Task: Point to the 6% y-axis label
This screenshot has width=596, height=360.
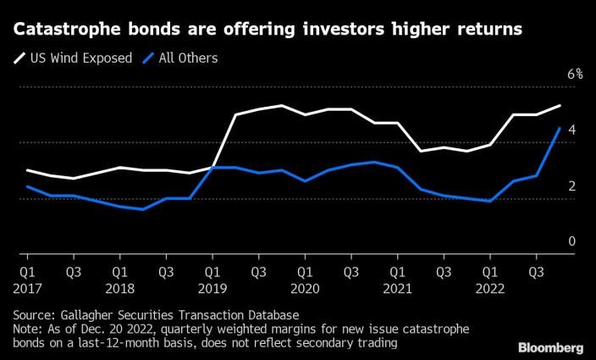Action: [575, 75]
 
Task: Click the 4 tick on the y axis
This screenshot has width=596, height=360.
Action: [572, 130]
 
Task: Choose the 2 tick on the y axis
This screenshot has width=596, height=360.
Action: [572, 186]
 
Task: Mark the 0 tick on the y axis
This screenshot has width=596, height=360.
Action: [572, 241]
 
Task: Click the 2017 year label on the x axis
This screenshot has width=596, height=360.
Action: [27, 288]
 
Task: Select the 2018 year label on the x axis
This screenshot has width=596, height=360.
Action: [119, 288]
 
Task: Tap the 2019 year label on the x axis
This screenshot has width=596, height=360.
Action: [212, 288]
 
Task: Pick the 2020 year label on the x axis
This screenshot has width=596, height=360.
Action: [304, 288]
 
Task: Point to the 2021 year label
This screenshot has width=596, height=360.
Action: [396, 288]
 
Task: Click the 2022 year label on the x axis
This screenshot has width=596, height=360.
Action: [488, 288]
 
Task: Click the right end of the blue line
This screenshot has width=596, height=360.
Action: [560, 128]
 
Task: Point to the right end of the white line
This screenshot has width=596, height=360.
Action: [560, 106]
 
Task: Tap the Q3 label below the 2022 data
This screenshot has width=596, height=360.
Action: [536, 273]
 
